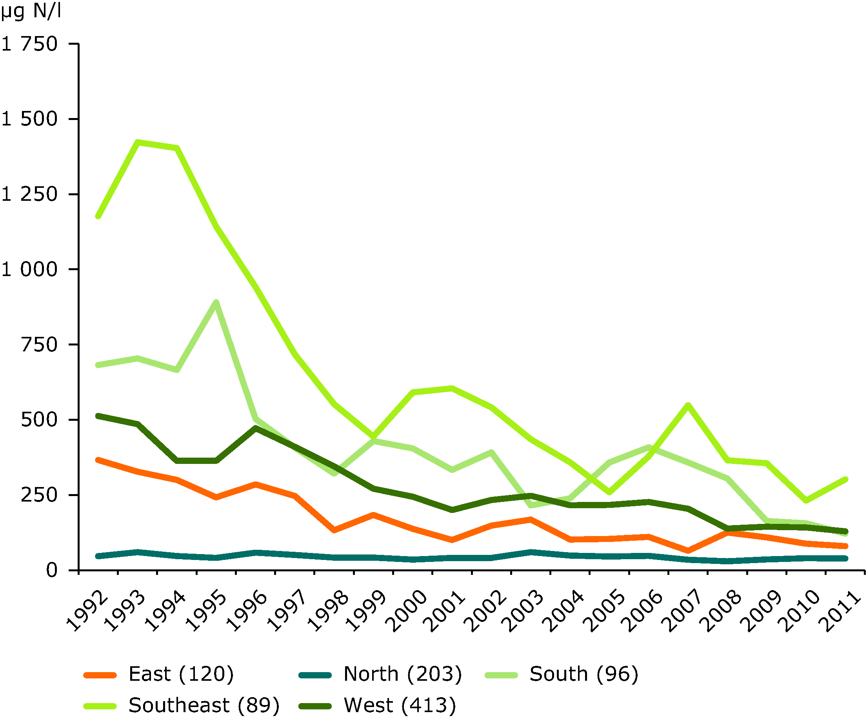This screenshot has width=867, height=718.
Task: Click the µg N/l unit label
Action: coord(31,11)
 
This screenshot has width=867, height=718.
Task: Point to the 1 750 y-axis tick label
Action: coord(30,44)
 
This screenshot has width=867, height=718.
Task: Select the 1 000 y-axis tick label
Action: coord(30,270)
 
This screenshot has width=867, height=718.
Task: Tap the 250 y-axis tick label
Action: coord(39,495)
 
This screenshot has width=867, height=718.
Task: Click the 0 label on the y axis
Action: coord(52,571)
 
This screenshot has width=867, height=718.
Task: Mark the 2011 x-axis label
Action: coord(842,611)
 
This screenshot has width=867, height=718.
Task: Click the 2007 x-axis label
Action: coord(683,611)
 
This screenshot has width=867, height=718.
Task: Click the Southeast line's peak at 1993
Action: coord(138,142)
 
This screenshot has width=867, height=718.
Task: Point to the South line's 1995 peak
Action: coord(216,303)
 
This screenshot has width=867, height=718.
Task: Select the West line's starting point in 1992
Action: coord(98,416)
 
